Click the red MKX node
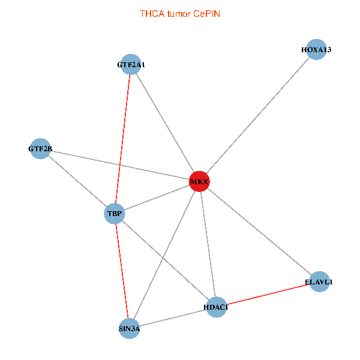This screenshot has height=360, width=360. coord(199,181)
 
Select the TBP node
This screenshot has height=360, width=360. coord(115,214)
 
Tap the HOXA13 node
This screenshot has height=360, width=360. coord(316,49)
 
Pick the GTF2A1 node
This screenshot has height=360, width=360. coord(131,65)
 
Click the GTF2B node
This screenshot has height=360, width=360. coord(40,149)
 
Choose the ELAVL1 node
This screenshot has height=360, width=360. coord(319,281)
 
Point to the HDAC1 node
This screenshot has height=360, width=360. coord(216,307)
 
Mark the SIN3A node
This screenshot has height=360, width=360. coord(130,328)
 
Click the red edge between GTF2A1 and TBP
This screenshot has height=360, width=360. coord(122,139)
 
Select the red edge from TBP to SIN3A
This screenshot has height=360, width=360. coord(122,271)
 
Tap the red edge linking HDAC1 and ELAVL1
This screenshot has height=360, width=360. coord(268,295)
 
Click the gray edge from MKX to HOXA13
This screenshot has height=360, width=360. coord(258,115)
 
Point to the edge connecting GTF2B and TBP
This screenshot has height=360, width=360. coord(77,181)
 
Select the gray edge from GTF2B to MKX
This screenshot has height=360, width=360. coord(120,165)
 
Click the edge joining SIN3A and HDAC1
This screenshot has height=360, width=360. coord(173,318)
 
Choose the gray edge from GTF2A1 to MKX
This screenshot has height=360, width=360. coord(165,123)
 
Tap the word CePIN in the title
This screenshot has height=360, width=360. coord(206,14)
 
